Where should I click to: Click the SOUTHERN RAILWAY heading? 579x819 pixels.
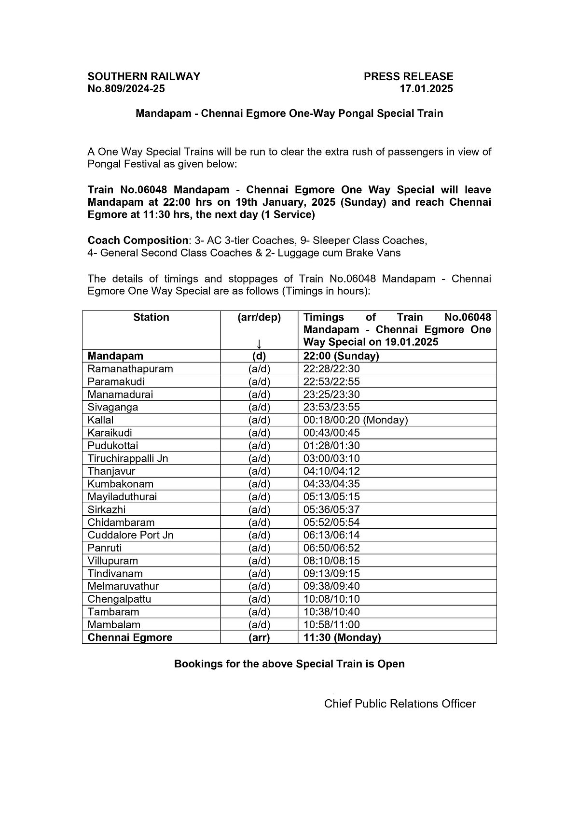144,76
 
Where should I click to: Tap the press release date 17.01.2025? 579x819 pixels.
426,89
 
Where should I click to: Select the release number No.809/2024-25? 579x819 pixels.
126,89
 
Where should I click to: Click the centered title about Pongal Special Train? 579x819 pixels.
289,114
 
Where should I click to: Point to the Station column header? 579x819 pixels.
151,317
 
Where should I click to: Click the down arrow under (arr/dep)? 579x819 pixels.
259,343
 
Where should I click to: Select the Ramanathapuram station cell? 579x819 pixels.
130,369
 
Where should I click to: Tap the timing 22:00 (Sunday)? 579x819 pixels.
341,356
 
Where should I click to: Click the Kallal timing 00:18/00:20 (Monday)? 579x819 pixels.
356,420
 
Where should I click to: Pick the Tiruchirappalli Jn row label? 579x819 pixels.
128,458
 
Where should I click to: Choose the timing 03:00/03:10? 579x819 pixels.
331,458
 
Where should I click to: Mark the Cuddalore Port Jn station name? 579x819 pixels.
130,535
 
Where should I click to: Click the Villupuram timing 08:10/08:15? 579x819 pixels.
331,561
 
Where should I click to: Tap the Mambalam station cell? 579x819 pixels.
114,624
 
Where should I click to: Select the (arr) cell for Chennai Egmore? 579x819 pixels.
259,637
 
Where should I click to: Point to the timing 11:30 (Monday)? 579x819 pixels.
342,637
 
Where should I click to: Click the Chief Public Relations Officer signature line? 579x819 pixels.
400,704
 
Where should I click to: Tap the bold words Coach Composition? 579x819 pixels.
138,240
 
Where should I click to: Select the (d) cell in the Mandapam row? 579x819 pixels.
259,356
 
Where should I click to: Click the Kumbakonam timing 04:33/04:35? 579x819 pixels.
331,484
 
